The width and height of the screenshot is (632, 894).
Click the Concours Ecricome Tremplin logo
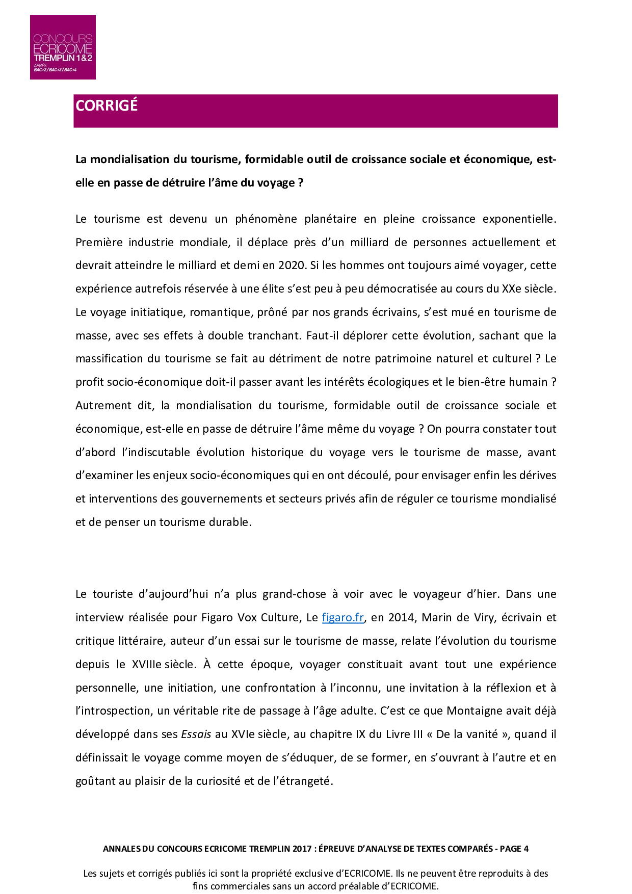(63, 47)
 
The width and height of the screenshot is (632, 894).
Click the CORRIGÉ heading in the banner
(107, 106)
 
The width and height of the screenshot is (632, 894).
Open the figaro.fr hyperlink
(343, 618)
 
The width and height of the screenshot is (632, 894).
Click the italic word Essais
(196, 734)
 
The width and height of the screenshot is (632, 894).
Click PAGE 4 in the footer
(514, 849)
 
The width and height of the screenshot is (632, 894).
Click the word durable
(230, 522)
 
